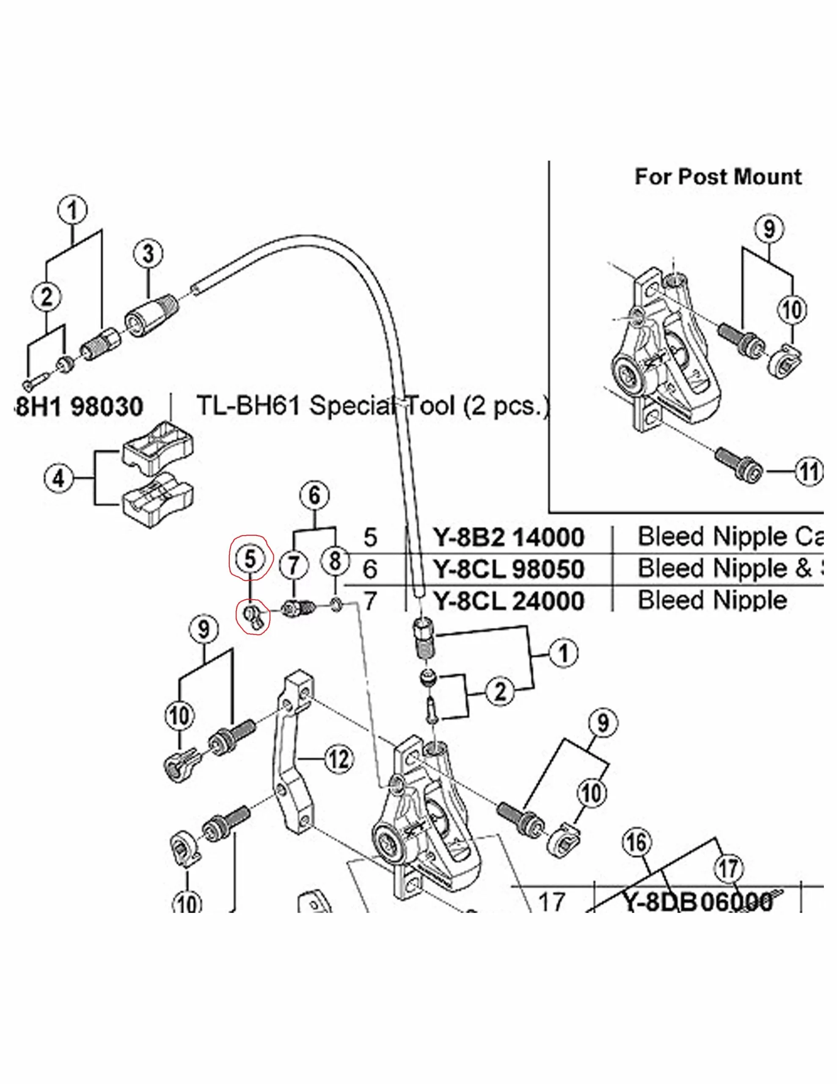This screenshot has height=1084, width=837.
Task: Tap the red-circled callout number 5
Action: pyautogui.click(x=250, y=559)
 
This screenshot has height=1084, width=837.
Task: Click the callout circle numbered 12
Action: pyautogui.click(x=339, y=759)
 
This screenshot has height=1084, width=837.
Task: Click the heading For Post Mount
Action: pyautogui.click(x=718, y=177)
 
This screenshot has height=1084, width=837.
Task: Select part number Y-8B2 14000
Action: pyautogui.click(x=509, y=537)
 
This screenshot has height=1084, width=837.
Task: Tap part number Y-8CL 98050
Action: pyautogui.click(x=509, y=569)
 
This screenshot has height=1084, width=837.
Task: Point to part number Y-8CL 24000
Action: pyautogui.click(x=509, y=601)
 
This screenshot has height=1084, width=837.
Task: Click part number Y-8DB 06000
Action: pyautogui.click(x=697, y=901)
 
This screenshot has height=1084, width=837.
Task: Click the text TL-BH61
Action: pyautogui.click(x=248, y=406)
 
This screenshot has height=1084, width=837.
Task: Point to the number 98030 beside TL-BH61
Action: pyautogui.click(x=107, y=406)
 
